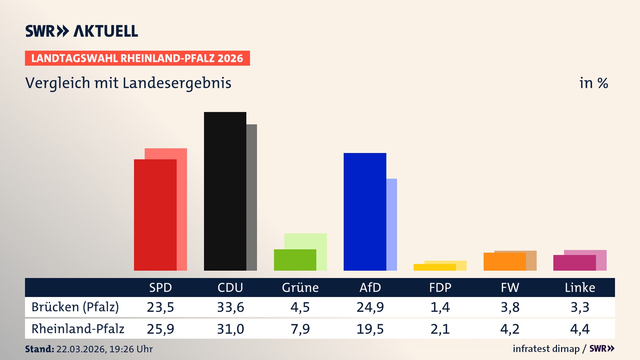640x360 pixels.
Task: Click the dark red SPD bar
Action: (x=155, y=215)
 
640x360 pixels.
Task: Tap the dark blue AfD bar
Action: (x=365, y=212)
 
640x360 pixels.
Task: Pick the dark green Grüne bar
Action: (x=295, y=260)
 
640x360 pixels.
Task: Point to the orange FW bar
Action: (x=504, y=262)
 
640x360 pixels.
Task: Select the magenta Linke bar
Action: (x=574, y=263)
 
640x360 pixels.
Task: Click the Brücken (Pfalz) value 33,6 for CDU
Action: (x=230, y=307)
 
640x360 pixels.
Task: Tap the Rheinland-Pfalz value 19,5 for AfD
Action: (x=370, y=329)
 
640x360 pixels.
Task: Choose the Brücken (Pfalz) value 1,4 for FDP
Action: (x=440, y=307)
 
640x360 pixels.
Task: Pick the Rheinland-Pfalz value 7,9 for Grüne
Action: (x=300, y=329)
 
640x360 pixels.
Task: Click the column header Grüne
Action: (x=300, y=287)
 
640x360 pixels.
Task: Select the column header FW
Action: (x=510, y=287)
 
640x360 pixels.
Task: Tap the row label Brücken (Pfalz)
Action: (x=75, y=307)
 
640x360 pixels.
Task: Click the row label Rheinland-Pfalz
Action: (x=78, y=329)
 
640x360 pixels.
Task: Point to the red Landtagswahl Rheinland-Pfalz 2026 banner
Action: (x=137, y=58)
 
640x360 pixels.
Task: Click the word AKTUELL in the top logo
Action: (x=106, y=31)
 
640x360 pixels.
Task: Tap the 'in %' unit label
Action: (x=593, y=83)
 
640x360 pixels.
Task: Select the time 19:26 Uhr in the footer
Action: (x=131, y=349)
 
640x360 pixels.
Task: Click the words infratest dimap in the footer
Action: (x=546, y=349)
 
